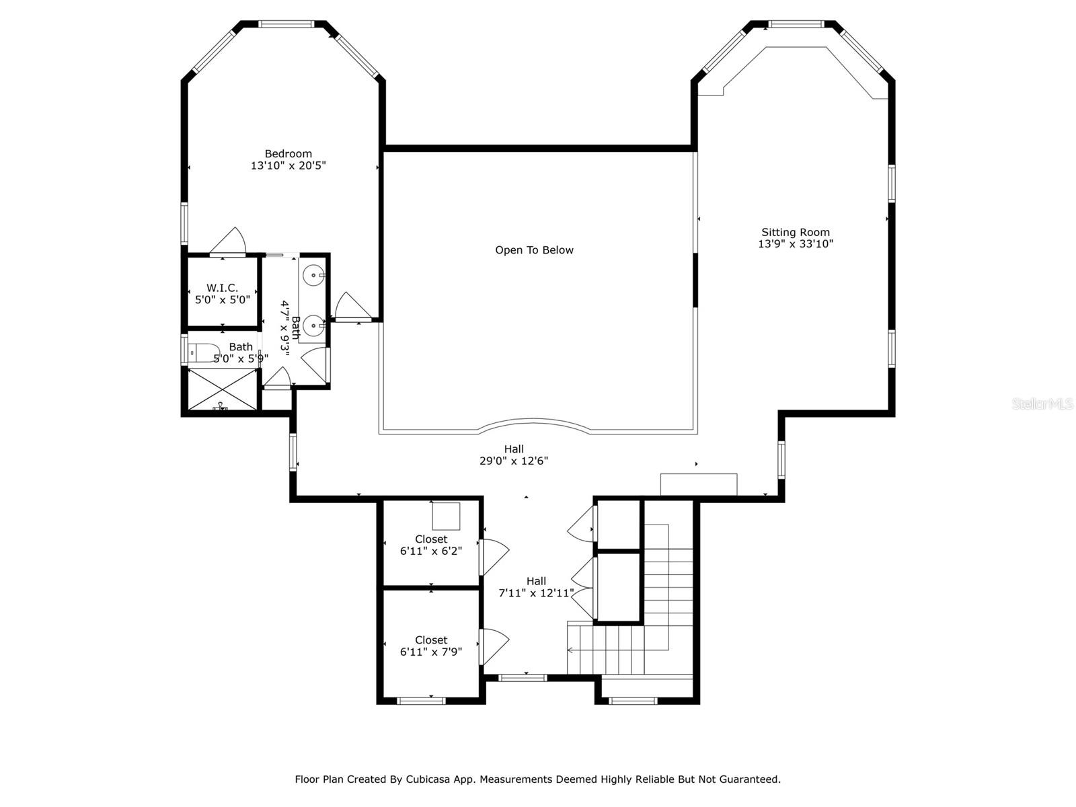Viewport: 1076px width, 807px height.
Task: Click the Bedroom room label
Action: (289, 154)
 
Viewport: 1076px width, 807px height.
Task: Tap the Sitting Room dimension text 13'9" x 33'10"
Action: (795, 244)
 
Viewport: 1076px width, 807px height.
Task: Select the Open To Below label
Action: (534, 250)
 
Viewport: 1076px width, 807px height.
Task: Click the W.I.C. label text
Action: (222, 288)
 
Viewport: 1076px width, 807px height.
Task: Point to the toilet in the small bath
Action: (204, 352)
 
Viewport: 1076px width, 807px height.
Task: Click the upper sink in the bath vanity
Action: (313, 275)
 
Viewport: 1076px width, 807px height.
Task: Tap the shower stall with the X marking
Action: (223, 389)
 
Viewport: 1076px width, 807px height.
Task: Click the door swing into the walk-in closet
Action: (229, 241)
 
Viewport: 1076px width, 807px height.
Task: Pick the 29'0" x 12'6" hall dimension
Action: (513, 461)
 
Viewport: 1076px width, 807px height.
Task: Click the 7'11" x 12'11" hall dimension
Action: (536, 593)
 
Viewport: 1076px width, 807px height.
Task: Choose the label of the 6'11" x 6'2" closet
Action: (431, 539)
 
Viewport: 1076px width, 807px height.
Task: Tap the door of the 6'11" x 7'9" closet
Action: (495, 646)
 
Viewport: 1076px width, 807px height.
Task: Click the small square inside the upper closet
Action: (446, 516)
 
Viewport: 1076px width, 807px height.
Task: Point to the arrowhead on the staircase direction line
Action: (570, 650)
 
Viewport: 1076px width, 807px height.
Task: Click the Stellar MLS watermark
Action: (1042, 404)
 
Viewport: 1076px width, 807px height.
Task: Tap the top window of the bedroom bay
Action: (286, 24)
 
